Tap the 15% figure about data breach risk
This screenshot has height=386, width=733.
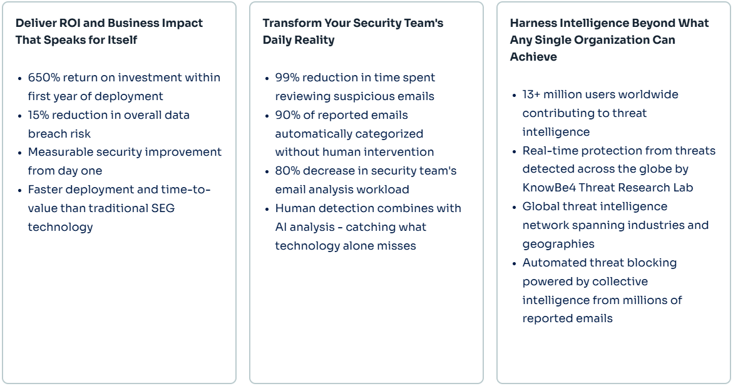[39, 115]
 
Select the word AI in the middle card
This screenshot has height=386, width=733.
[281, 227]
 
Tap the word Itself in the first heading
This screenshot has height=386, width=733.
[121, 40]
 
